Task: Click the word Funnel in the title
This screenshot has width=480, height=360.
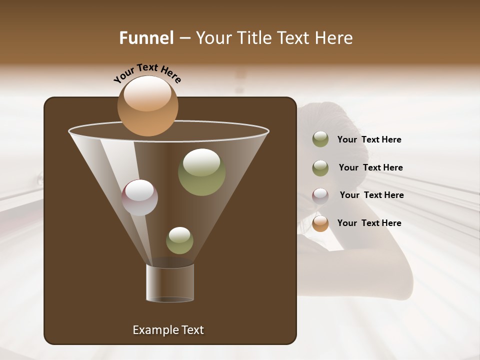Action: point(146,38)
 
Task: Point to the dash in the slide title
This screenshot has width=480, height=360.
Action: point(184,38)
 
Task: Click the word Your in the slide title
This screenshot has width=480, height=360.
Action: point(213,38)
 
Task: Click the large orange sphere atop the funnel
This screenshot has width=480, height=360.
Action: point(147,106)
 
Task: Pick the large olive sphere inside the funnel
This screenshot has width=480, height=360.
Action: point(201,172)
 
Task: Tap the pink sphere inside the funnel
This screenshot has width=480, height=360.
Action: point(139,197)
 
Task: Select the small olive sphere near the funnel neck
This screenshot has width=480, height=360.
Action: point(179,240)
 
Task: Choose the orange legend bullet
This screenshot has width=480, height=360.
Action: point(320,223)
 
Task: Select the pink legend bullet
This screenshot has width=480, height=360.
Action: point(320,195)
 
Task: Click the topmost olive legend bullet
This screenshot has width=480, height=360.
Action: point(320,139)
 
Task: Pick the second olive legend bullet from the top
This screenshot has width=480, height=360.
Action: point(320,168)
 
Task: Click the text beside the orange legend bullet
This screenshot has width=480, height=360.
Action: point(369,223)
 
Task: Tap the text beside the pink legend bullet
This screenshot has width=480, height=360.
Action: point(371,195)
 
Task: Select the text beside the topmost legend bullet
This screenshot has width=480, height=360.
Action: point(369,139)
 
